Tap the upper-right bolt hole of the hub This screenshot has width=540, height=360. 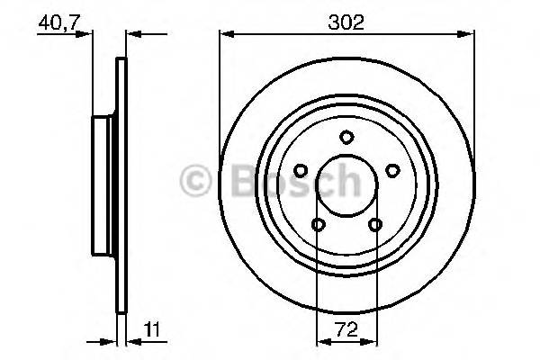(391, 170)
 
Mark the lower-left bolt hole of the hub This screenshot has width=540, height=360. (318, 225)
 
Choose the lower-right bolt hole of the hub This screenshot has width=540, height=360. (374, 225)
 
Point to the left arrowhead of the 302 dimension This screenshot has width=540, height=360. (226, 35)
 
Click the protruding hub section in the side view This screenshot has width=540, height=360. (103, 184)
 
